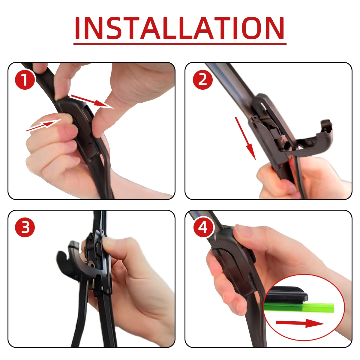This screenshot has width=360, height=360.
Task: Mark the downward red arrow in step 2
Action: pos(245,138)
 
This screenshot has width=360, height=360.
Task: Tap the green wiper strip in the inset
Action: pos(300,307)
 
